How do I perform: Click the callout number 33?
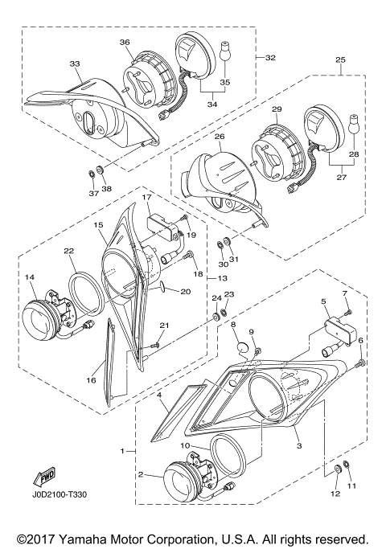(75, 64)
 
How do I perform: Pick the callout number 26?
(219, 137)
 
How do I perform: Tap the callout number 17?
(146, 198)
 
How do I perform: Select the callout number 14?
(30, 277)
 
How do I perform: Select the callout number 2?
(141, 475)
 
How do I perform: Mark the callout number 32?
(270, 58)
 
